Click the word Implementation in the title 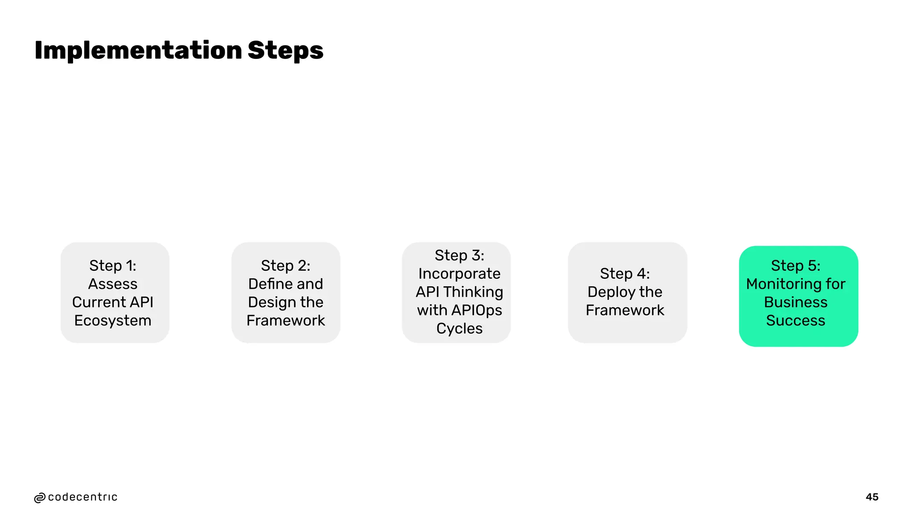(x=138, y=50)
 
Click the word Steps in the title (x=285, y=50)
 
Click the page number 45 (x=872, y=497)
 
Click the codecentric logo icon (x=40, y=498)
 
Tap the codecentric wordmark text (x=82, y=497)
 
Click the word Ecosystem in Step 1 (x=113, y=320)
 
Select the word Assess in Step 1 (x=113, y=284)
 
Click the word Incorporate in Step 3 (x=459, y=274)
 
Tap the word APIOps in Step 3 (x=476, y=310)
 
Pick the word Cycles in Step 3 (x=459, y=328)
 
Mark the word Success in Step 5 (x=795, y=320)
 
